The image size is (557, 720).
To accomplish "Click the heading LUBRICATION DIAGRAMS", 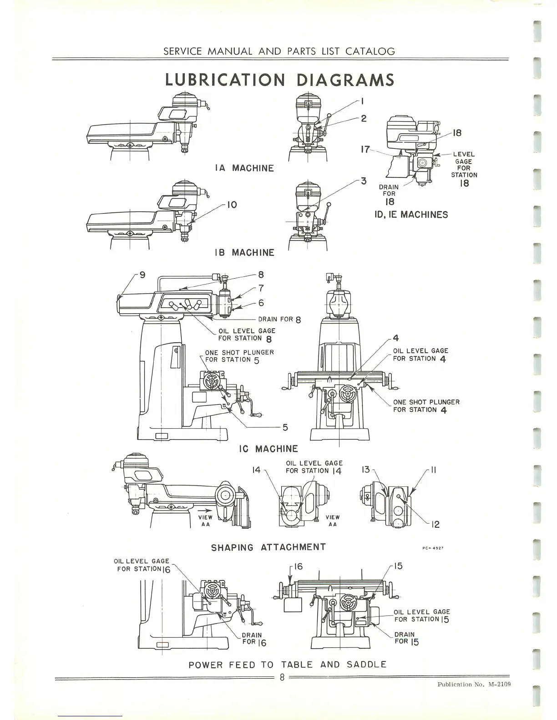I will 279,80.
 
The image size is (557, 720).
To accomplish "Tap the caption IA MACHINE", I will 244,168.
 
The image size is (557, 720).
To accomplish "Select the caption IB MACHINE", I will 244,253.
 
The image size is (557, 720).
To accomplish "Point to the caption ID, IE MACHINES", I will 411,215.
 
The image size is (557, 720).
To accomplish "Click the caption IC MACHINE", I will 268,449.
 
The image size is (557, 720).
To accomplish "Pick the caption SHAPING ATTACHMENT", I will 268,547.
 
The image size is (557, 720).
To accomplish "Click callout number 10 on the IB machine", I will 232,205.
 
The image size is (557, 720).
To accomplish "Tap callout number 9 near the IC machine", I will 142,275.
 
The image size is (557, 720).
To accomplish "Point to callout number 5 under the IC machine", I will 285,427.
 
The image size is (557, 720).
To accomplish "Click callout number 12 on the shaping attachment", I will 435,524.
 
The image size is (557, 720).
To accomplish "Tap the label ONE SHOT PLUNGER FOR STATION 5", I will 239,356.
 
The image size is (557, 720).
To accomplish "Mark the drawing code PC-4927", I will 433,548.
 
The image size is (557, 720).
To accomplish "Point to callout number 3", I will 364,181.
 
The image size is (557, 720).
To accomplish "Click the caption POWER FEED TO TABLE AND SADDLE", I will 287,664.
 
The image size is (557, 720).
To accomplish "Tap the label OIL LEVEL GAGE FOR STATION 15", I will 422,615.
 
